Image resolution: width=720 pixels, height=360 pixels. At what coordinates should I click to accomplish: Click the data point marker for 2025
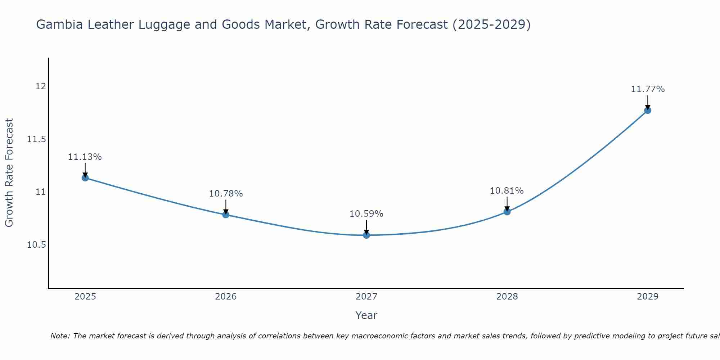[x=85, y=178]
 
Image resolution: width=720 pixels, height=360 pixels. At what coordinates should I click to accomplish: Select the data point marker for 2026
[x=226, y=215]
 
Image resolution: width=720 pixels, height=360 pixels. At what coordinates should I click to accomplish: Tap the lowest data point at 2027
[x=366, y=235]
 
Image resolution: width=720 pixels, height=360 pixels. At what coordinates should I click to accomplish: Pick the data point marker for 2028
[x=507, y=212]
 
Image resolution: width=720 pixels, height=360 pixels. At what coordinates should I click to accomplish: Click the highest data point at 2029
[x=648, y=111]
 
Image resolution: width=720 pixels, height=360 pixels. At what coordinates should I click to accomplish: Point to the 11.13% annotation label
[x=85, y=157]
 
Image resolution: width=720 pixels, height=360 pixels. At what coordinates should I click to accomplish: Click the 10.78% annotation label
[x=226, y=194]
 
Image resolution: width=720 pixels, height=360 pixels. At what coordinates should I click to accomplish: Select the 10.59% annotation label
[x=366, y=214]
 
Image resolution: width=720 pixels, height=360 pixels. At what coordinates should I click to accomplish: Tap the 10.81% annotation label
[x=507, y=191]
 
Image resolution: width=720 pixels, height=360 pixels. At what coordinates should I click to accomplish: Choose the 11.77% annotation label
[x=648, y=89]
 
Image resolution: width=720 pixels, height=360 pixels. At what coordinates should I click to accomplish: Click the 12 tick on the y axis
[x=41, y=86]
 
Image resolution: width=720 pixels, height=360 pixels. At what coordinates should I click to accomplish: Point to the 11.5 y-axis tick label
[x=37, y=139]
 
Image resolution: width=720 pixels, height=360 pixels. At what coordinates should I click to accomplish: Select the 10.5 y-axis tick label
[x=37, y=245]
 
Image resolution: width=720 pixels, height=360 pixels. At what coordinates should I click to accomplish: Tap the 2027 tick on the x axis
[x=366, y=297]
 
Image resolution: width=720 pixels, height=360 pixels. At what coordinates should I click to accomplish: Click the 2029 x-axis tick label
[x=648, y=297]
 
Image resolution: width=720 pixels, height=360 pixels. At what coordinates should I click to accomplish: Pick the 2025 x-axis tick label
[x=85, y=297]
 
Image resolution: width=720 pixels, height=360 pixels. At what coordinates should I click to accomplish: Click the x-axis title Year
[x=366, y=315]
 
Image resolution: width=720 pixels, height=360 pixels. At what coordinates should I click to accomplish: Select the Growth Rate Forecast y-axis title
[x=9, y=173]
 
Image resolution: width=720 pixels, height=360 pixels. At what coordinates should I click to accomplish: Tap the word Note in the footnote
[x=60, y=336]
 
